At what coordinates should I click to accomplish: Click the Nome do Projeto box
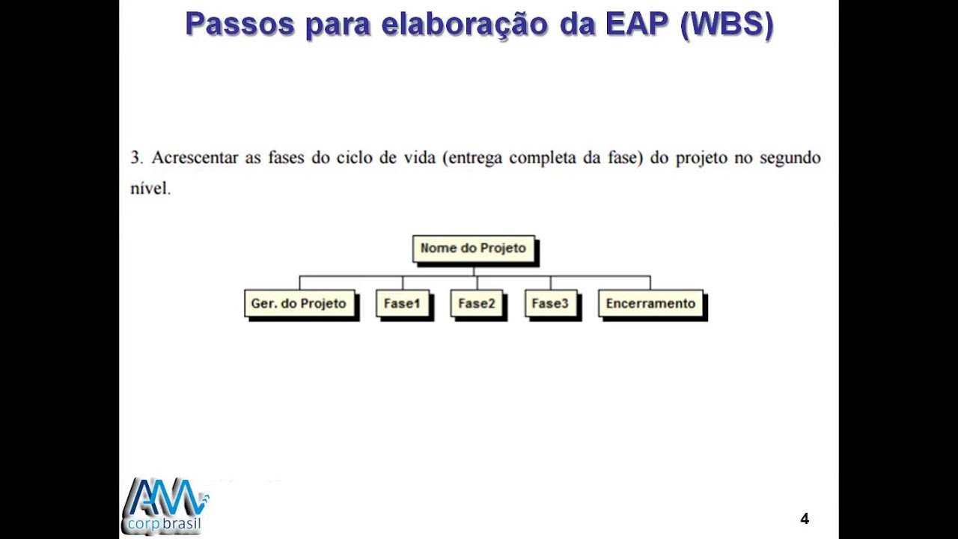click(474, 249)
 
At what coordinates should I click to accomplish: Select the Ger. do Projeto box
click(299, 304)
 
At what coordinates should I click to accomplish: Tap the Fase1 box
click(403, 304)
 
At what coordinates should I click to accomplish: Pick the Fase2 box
click(477, 304)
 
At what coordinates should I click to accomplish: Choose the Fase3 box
click(550, 304)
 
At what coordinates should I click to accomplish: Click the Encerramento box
click(650, 304)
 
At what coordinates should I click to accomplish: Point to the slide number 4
click(805, 519)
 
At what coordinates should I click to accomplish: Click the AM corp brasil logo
click(165, 506)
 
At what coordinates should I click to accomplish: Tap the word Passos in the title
click(239, 24)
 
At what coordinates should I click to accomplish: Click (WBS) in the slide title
click(727, 24)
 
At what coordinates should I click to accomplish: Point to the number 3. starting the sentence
click(136, 158)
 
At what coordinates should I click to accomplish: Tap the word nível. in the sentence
click(150, 189)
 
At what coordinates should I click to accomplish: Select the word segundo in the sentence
click(790, 158)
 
